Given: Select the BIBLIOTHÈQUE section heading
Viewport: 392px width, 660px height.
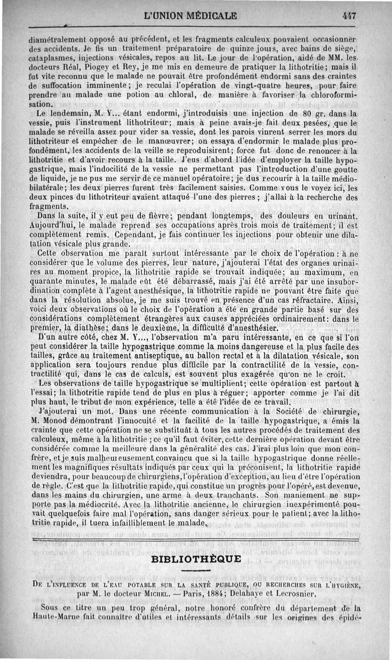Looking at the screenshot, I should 196,559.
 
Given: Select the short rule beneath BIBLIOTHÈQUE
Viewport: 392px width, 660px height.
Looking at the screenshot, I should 196,569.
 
